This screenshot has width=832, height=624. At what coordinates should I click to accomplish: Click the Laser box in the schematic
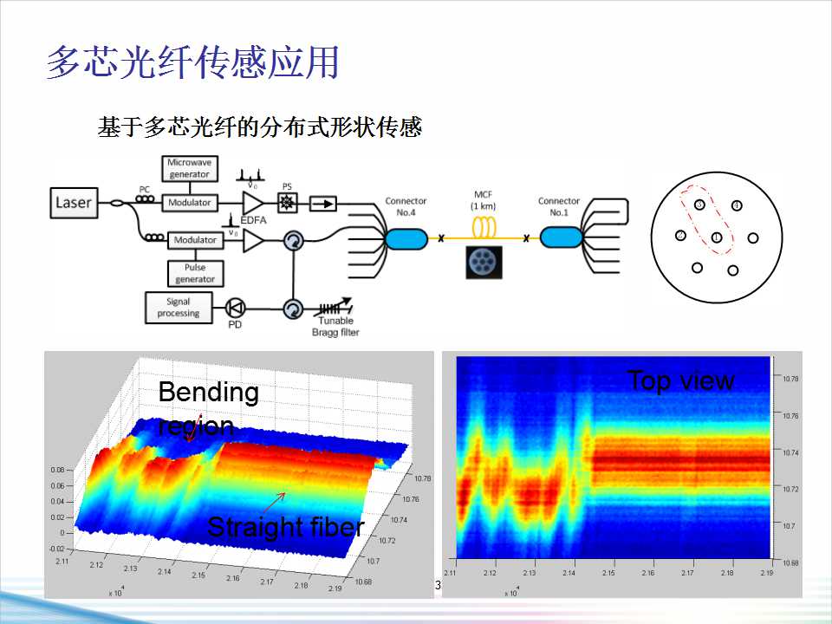tap(73, 203)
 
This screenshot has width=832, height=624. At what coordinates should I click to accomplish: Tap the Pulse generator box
tap(195, 273)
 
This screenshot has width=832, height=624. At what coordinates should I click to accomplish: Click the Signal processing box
tap(179, 307)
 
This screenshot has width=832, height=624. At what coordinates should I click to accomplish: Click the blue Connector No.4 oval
tap(406, 238)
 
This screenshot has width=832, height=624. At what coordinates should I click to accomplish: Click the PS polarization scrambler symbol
tap(286, 203)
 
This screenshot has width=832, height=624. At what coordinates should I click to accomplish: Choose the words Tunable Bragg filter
tap(335, 327)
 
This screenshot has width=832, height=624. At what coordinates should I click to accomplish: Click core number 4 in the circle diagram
tap(736, 206)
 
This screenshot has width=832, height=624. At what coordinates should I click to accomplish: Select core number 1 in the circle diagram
tap(717, 237)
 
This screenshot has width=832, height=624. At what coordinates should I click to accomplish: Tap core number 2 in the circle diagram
tap(681, 235)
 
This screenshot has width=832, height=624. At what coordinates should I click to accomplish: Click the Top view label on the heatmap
tap(680, 380)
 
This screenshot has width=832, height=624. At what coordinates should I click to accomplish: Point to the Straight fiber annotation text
tap(285, 526)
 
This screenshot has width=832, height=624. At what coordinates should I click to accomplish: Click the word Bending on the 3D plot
tap(208, 393)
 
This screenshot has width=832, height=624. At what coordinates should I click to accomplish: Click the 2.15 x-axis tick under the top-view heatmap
tap(608, 574)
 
